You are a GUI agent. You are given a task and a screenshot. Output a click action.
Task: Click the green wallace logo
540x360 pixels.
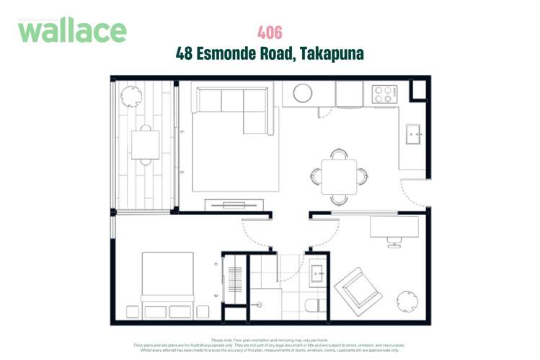(x=72, y=31)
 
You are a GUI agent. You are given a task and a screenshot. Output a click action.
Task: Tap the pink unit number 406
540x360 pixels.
(x=270, y=32)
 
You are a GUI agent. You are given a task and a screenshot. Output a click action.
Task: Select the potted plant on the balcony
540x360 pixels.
(x=131, y=95)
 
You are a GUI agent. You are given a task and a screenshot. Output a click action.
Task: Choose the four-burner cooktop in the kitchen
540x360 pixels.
(x=383, y=94)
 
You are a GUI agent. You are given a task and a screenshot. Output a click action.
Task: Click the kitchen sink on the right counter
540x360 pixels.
(x=414, y=133)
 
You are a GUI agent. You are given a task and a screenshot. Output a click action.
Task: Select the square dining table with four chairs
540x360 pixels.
(x=339, y=175)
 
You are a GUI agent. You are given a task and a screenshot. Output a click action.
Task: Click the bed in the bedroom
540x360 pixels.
(x=167, y=279)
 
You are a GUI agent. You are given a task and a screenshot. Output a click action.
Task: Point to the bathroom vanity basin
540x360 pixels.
(x=317, y=275)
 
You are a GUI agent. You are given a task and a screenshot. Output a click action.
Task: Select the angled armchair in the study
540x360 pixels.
(x=358, y=289)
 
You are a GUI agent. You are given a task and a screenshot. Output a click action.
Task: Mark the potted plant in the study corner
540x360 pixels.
(x=407, y=299)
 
